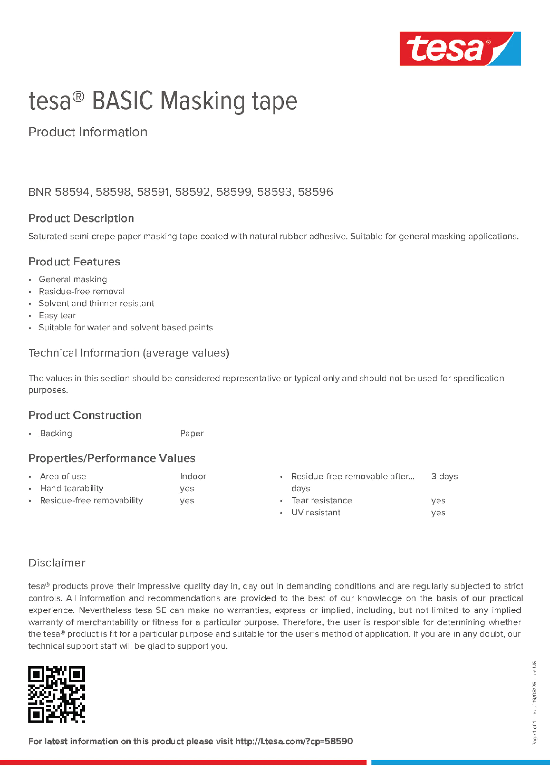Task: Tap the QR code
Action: [x=56, y=694]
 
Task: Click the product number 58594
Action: [x=72, y=192]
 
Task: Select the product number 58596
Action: [x=315, y=192]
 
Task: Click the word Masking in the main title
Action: [x=203, y=101]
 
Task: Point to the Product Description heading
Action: [x=81, y=218]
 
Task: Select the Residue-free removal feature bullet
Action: [x=81, y=291]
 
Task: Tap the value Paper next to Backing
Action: [x=191, y=433]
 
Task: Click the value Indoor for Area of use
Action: [x=193, y=476]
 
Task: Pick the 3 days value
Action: [x=444, y=476]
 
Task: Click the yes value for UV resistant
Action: [x=438, y=513]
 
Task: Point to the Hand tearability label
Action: [x=71, y=489]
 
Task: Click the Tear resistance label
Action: [x=321, y=500]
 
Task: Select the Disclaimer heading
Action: [x=57, y=563]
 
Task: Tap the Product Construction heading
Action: [x=85, y=415]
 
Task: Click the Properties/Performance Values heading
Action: [x=112, y=458]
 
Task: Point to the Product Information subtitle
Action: [x=88, y=132]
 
